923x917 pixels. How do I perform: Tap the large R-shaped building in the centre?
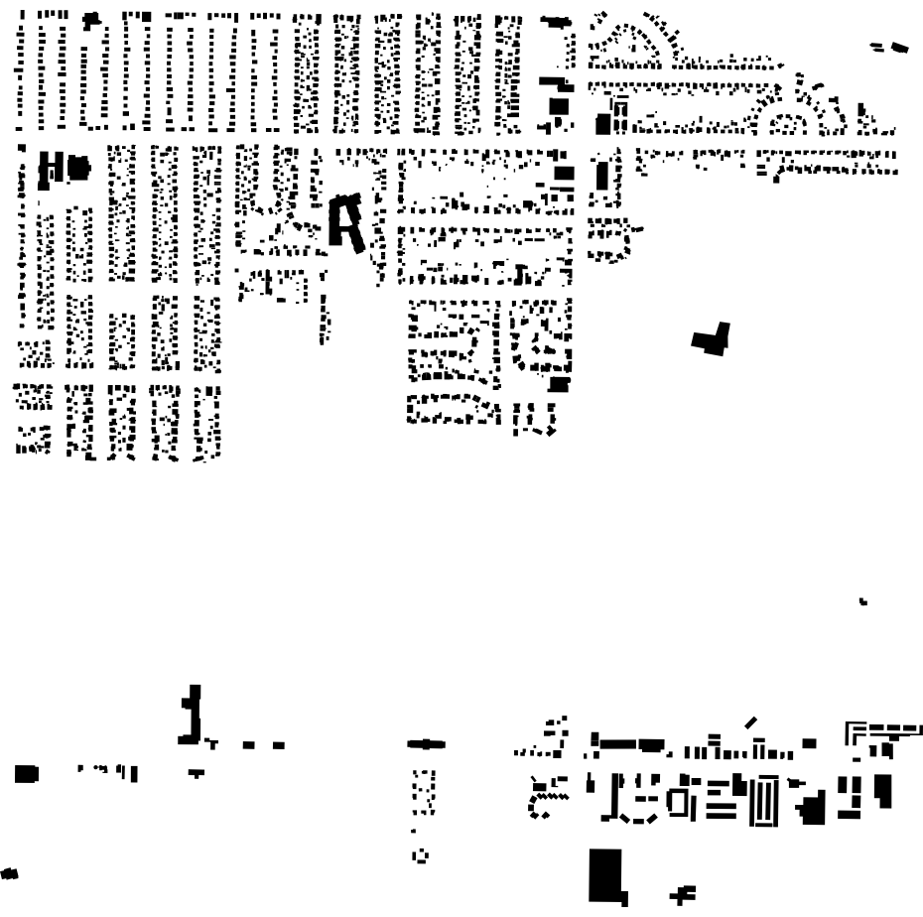[x=346, y=222]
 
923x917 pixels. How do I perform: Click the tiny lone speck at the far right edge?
[x=863, y=600]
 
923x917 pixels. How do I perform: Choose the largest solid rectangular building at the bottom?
[x=604, y=873]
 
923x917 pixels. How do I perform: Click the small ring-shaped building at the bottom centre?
[x=418, y=854]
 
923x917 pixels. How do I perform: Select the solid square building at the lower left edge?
[x=26, y=772]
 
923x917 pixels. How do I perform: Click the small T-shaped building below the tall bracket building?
[x=197, y=771]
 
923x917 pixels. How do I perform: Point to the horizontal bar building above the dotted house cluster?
[x=428, y=743]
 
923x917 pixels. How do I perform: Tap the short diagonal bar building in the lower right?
[x=751, y=721]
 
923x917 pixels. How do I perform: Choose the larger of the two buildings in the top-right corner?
[x=899, y=46]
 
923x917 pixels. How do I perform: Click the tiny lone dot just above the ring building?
[x=415, y=831]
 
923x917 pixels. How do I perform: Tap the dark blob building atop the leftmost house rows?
[x=93, y=20]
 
